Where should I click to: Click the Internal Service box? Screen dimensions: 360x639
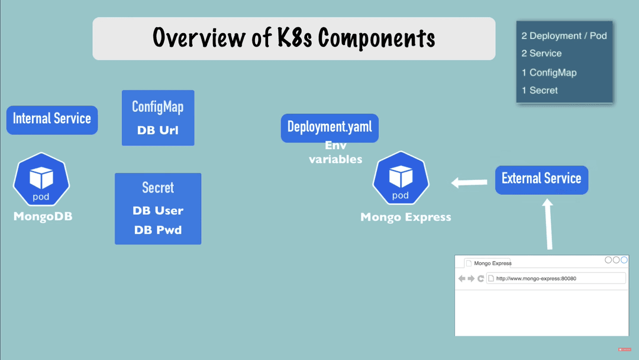(x=52, y=119)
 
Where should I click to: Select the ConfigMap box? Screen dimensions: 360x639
(x=158, y=117)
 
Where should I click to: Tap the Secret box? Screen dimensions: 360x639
(x=158, y=208)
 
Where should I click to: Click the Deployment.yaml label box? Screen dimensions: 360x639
(x=330, y=127)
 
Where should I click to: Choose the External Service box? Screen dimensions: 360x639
(x=541, y=179)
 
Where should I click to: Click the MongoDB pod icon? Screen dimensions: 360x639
(x=41, y=181)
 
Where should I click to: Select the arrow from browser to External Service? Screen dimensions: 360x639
(x=548, y=224)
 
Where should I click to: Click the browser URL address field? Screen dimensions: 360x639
(x=556, y=278)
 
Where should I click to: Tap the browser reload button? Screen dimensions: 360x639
(x=481, y=278)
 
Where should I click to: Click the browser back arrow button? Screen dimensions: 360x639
(x=462, y=278)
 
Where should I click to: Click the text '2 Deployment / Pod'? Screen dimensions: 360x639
(x=564, y=36)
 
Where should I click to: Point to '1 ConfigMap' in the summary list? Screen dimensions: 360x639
(x=548, y=72)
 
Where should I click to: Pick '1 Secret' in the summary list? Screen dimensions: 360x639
(x=540, y=90)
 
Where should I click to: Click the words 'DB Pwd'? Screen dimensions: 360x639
(x=158, y=230)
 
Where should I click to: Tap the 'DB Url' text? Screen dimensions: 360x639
(x=158, y=130)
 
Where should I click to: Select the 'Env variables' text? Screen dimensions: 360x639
(x=335, y=152)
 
